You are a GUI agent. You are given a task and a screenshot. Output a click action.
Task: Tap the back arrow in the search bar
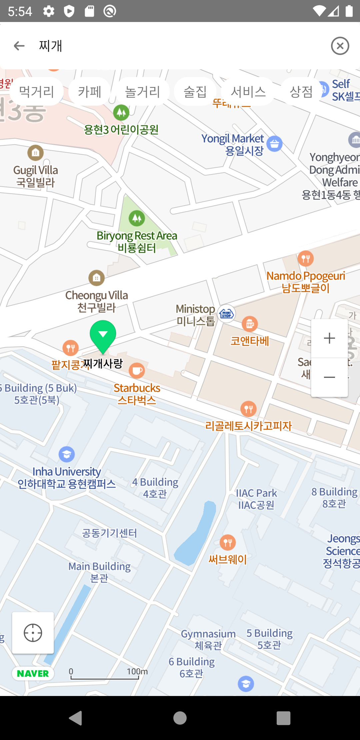tap(19, 46)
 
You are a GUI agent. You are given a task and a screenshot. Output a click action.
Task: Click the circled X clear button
tap(340, 46)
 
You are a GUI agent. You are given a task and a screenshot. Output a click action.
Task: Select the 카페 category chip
tap(89, 91)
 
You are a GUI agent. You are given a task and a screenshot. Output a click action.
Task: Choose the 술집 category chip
tap(195, 91)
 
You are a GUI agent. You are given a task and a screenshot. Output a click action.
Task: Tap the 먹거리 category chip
tap(36, 91)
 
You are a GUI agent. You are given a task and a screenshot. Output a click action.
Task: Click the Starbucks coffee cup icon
tap(137, 371)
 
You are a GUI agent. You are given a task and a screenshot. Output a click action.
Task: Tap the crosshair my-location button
tap(33, 633)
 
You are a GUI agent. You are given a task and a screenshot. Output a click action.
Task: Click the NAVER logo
tap(33, 673)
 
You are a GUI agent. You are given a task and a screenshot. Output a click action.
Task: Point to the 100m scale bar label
tap(137, 671)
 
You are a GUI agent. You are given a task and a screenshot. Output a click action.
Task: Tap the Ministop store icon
tap(226, 313)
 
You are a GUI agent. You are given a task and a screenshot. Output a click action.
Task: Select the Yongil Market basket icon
tap(274, 144)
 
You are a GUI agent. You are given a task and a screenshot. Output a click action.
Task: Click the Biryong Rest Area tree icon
tap(137, 218)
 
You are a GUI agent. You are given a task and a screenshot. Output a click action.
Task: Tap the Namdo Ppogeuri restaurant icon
tap(306, 258)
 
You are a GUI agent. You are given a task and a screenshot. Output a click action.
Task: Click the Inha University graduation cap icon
tap(67, 454)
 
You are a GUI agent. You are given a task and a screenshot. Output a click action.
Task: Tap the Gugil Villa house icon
tap(36, 153)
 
